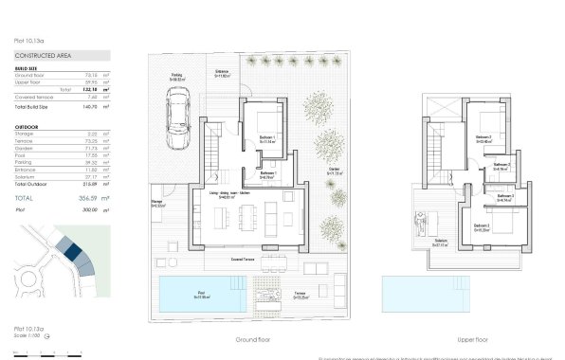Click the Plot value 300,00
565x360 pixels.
pyautogui.click(x=91, y=209)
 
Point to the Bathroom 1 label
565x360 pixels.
pyautogui.click(x=268, y=173)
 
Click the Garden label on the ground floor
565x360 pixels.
pyautogui.click(x=334, y=171)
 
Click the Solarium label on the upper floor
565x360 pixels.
pyautogui.click(x=442, y=241)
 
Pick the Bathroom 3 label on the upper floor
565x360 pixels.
pyautogui.click(x=502, y=198)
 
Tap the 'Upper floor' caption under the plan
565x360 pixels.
pyautogui.click(x=470, y=338)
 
